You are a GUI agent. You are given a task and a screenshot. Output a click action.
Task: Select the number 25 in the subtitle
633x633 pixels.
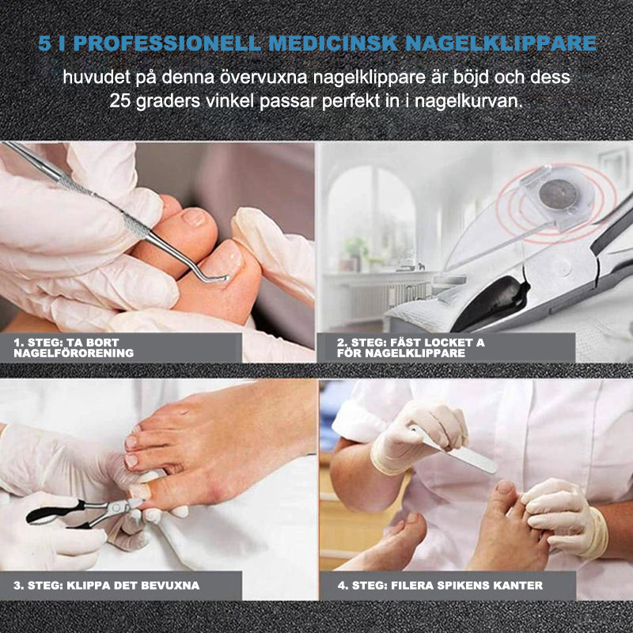click(x=119, y=103)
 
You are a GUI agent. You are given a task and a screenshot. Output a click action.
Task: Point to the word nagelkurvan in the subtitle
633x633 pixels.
click(x=475, y=103)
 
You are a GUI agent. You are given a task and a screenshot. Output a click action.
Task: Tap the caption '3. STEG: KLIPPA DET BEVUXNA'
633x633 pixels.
click(x=106, y=586)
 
